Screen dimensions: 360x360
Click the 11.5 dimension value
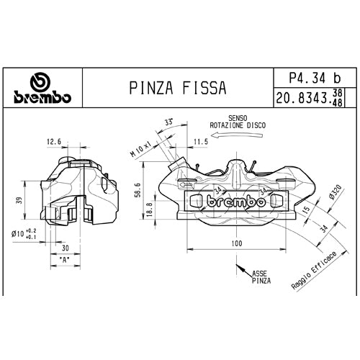pyautogui.click(x=200, y=143)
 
